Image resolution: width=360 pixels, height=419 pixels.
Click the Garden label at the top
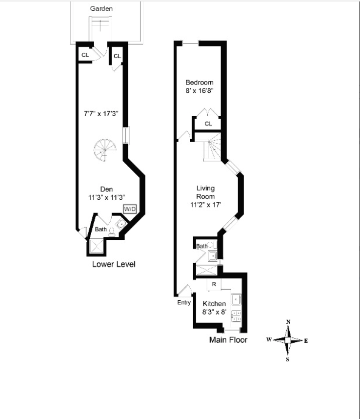coord(101,8)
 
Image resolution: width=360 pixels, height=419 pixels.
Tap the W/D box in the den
coord(130,209)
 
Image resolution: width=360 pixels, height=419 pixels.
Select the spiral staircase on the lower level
coord(104,150)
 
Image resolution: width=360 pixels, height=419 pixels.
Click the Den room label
coord(106,189)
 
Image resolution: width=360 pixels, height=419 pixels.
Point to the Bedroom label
coord(200,83)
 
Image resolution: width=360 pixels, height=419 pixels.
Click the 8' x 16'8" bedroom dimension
coord(200,90)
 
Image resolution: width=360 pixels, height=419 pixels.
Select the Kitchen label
coord(214,304)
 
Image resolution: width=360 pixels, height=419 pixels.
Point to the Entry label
coord(184,302)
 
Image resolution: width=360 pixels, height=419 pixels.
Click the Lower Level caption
coord(114,265)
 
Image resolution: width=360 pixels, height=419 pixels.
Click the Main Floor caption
coord(228,340)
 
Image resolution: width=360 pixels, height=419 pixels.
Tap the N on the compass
coord(288,322)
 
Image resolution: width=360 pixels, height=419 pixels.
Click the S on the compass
coord(288,359)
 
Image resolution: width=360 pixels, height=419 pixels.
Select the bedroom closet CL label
coord(208,124)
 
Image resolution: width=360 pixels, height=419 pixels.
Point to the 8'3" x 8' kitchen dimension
coord(214,312)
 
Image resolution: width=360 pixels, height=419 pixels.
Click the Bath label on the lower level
coord(101,229)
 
